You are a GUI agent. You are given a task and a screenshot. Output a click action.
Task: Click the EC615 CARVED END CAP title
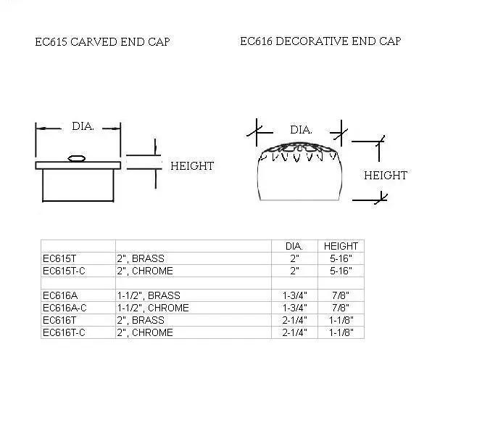102,42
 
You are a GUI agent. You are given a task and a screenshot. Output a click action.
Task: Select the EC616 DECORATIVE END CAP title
320,41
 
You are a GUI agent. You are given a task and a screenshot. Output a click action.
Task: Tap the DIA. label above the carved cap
83,126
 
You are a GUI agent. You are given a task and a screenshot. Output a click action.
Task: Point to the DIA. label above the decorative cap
301,130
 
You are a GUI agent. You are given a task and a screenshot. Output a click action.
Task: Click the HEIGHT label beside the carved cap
192,166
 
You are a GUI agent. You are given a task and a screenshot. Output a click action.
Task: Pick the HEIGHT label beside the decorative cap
385,175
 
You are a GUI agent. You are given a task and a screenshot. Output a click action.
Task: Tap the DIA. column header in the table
294,246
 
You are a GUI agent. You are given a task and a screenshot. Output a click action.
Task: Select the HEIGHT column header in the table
341,246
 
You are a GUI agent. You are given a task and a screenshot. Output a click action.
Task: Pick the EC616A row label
61,295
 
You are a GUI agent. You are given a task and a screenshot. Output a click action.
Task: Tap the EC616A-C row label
65,308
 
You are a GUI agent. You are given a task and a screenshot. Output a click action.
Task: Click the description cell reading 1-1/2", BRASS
149,295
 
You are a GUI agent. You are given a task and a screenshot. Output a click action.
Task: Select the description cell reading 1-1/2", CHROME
153,308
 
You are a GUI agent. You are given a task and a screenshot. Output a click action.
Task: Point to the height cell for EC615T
341,258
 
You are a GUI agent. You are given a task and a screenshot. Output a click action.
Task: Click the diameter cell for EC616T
294,320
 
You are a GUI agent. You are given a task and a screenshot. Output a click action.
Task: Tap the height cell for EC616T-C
341,332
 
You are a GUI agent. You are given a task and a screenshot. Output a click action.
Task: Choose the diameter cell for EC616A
294,295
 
